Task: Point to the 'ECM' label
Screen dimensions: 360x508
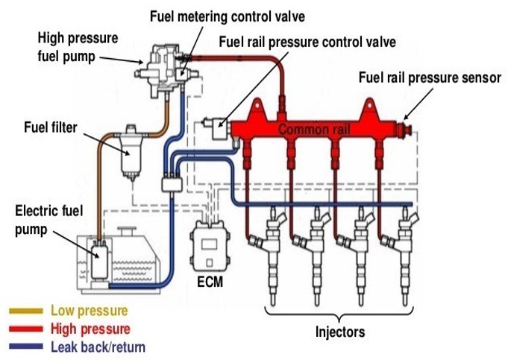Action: tap(210, 282)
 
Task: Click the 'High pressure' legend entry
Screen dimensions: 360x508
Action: tap(90, 328)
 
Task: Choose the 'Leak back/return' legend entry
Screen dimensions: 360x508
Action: tap(98, 347)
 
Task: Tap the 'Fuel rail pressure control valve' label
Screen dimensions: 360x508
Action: tap(307, 42)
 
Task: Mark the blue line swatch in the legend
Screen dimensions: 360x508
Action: tap(25, 347)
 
